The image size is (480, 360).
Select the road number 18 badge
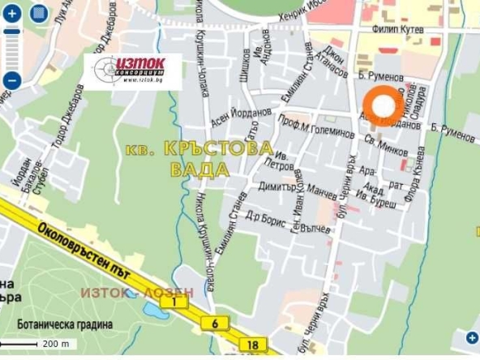253,345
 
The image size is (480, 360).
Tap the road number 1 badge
173,302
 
